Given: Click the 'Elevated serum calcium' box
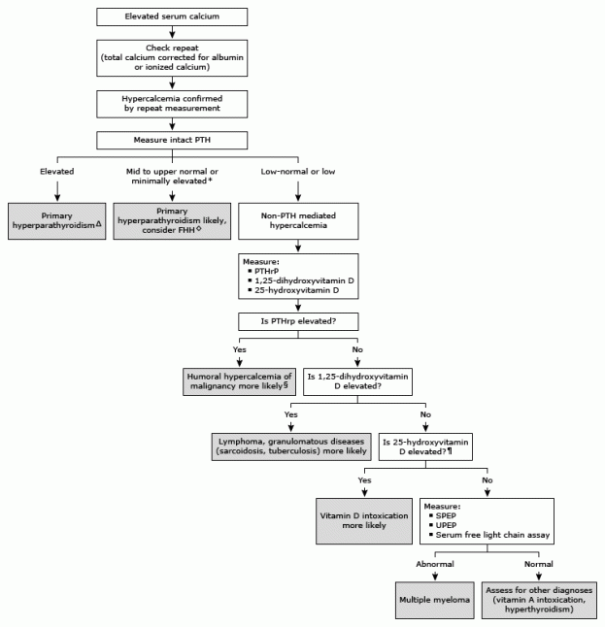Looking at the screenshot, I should [x=171, y=17].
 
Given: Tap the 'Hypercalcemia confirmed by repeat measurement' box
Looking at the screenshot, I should [x=171, y=103].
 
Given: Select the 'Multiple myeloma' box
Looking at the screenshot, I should [x=434, y=600].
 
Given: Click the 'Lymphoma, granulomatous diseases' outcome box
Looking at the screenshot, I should [x=291, y=444].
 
